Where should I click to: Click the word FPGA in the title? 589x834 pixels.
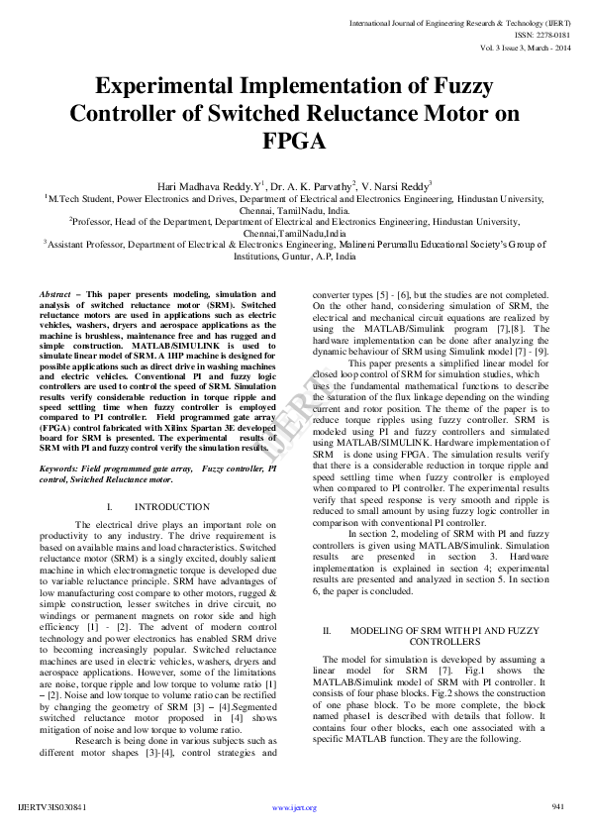point(294,142)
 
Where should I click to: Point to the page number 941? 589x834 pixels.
point(557,807)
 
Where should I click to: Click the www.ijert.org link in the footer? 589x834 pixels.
point(294,808)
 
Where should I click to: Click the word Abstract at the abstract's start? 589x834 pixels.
point(55,296)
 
